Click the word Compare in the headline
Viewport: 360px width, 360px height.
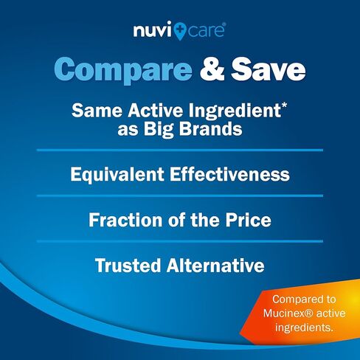pos(123,69)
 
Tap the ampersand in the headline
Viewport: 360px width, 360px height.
pos(212,69)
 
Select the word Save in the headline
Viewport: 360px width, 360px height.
pos(269,69)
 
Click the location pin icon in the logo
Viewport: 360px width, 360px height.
pos(179,31)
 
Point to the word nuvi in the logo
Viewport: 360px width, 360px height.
pos(153,30)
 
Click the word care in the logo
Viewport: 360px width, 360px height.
pos(206,31)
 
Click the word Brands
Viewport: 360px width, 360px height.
pos(211,128)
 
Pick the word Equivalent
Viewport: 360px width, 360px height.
pos(117,175)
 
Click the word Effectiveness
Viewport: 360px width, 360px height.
pos(229,174)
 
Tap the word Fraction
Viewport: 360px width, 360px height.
pos(125,220)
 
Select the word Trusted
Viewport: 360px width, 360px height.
pos(128,266)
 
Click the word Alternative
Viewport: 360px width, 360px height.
pos(215,266)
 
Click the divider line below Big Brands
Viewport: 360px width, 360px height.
pos(180,150)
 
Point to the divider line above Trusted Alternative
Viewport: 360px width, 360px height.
pos(180,241)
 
